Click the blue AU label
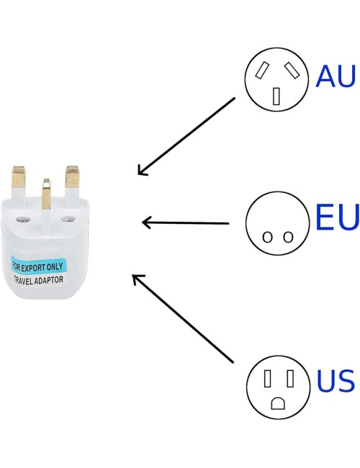[x=336, y=76]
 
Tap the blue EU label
[x=337, y=217]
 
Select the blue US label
[x=336, y=381]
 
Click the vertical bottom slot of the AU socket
[x=276, y=96]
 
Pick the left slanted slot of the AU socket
[x=262, y=70]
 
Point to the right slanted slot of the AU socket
[x=292, y=70]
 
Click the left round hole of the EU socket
[x=267, y=237]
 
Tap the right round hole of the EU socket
[x=288, y=237]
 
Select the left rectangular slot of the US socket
[x=268, y=379]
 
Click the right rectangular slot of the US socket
[x=290, y=379]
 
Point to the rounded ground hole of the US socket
[x=278, y=403]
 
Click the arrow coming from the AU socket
[x=186, y=136]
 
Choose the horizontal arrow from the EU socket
[x=185, y=222]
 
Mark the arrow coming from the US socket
[x=183, y=318]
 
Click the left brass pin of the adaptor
[x=19, y=176]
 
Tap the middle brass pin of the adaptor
[x=46, y=194]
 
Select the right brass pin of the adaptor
[x=73, y=176]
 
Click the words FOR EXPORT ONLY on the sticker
[x=37, y=267]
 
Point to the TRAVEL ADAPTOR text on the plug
[x=38, y=280]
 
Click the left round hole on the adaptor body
[x=23, y=220]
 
